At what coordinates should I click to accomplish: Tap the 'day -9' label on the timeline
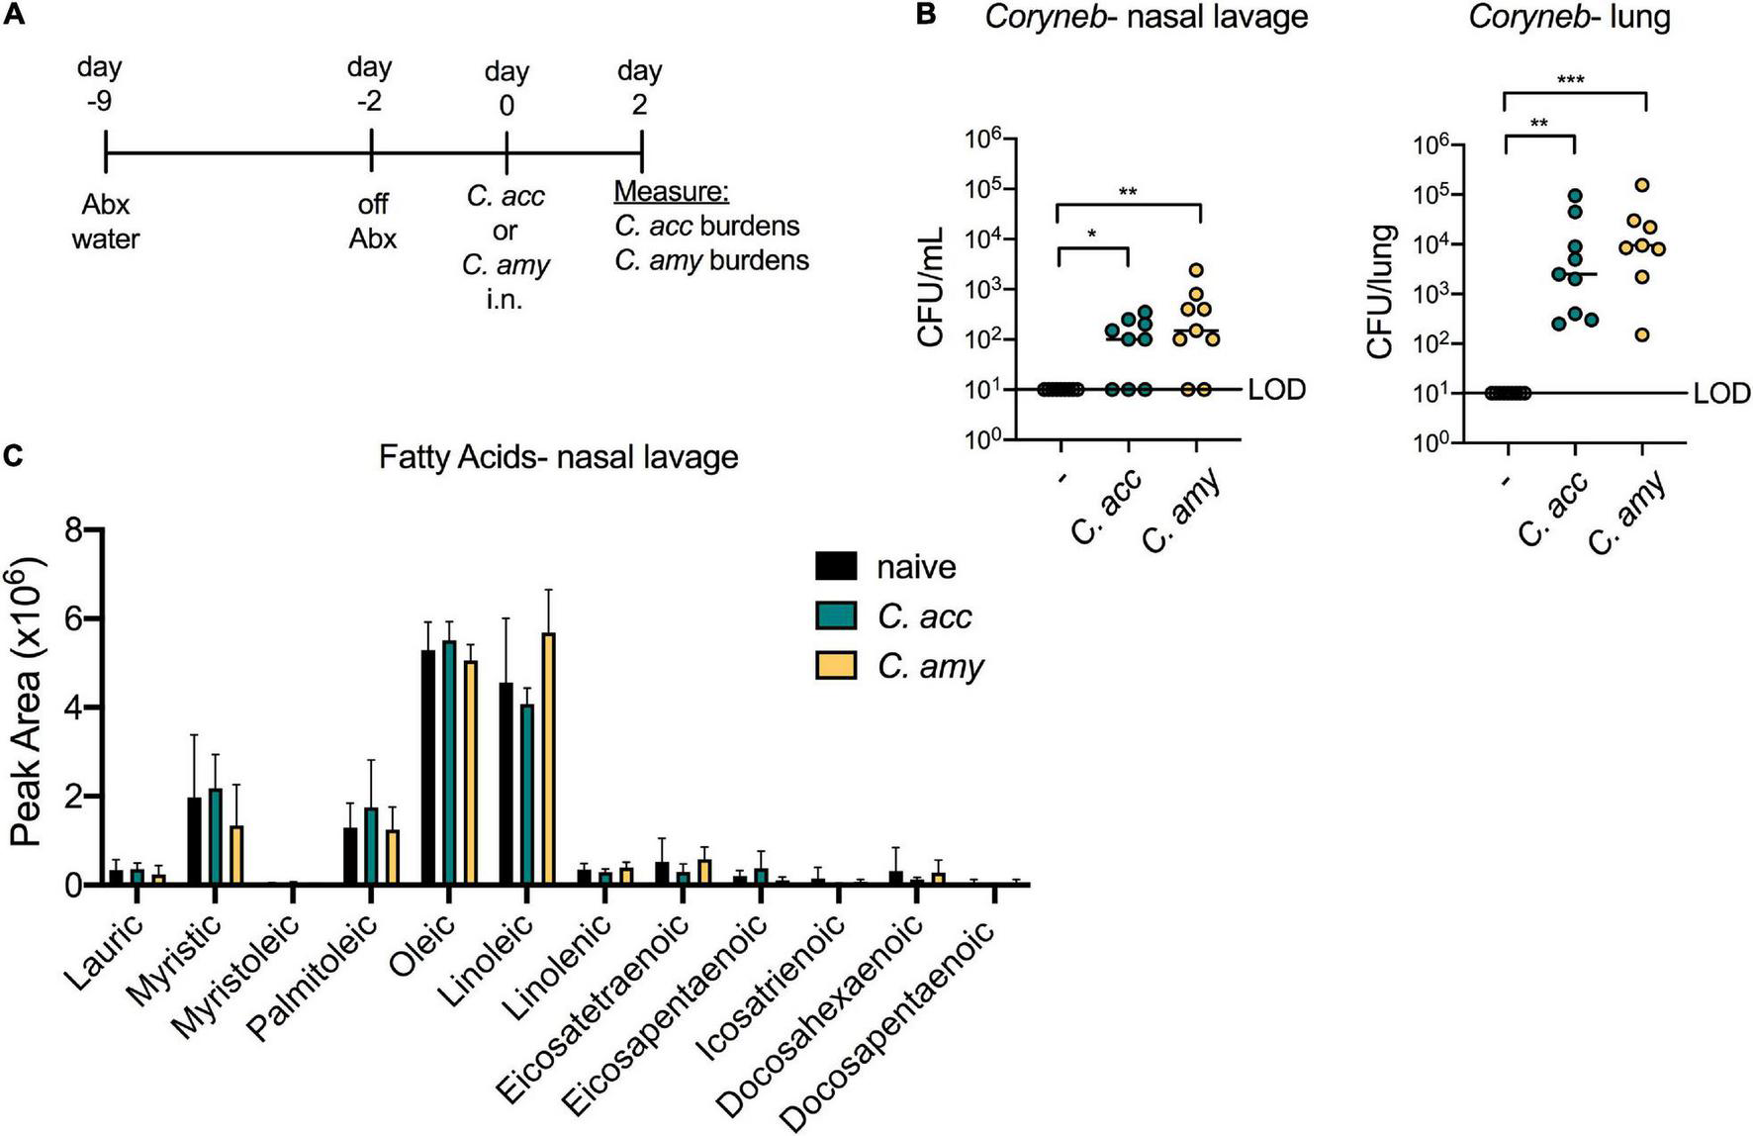[99, 84]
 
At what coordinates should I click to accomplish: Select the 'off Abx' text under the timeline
[372, 222]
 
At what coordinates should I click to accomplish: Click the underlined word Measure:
[671, 192]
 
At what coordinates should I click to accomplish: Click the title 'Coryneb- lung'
[1569, 17]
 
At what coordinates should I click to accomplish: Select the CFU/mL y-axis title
[932, 287]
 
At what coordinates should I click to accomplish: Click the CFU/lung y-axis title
[1379, 292]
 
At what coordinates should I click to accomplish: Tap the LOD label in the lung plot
[1721, 394]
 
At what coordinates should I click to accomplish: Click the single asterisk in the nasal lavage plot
[1091, 235]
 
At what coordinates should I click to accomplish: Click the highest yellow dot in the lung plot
[1642, 185]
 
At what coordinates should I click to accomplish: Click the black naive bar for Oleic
[428, 767]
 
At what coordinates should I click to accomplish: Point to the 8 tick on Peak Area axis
[71, 531]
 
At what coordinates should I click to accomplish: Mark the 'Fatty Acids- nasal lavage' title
[558, 457]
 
